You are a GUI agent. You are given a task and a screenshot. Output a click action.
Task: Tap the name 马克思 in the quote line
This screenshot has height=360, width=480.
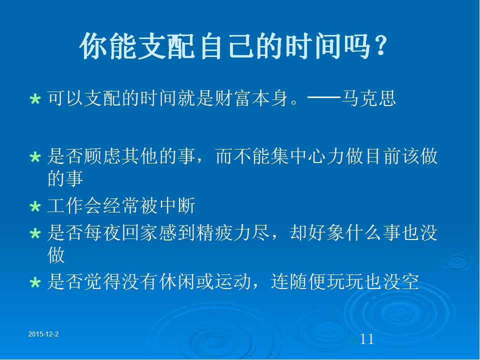point(368,98)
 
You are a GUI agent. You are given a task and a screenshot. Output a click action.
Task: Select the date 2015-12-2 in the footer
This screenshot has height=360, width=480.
point(43,334)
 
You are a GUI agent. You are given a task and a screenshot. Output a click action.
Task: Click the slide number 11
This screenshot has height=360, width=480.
point(366,339)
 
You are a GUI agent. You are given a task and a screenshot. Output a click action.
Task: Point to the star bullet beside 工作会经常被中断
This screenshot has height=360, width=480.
point(35,206)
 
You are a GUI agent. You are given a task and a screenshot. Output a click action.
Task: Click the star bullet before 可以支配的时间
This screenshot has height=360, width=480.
point(35,99)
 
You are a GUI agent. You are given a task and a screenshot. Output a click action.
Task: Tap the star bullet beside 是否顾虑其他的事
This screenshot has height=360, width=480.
point(35,157)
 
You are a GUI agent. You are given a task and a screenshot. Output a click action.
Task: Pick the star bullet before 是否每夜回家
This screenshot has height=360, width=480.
point(35,233)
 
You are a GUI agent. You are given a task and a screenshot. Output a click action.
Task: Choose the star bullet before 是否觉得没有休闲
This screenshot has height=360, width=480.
point(35,282)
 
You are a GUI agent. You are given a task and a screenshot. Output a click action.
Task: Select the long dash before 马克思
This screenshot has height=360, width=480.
point(324,98)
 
